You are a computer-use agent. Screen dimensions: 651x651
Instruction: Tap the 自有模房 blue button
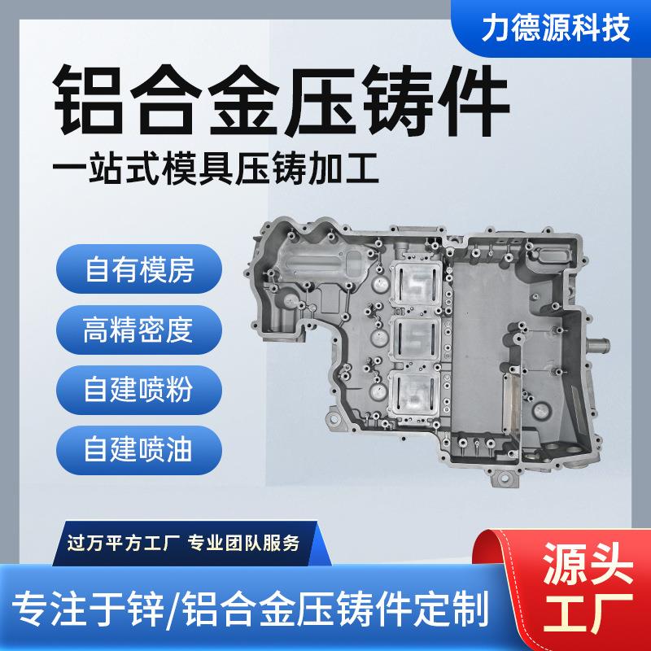[x=139, y=269]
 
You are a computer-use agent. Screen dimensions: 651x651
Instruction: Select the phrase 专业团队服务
[x=244, y=543]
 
